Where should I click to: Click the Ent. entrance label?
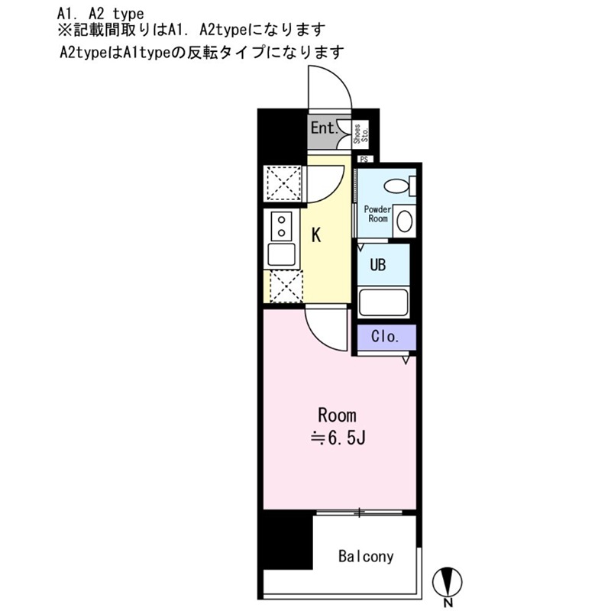click(x=324, y=128)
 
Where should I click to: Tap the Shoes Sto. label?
click(x=360, y=134)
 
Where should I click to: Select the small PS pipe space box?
click(x=365, y=159)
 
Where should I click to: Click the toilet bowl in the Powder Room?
click(x=396, y=186)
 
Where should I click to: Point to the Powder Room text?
click(x=377, y=214)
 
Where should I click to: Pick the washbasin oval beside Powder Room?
click(x=404, y=221)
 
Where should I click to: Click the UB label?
click(x=377, y=265)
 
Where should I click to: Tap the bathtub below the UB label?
click(x=383, y=302)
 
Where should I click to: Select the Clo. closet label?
click(x=385, y=336)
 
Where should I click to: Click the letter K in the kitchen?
click(x=316, y=235)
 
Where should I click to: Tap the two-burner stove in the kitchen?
click(x=281, y=226)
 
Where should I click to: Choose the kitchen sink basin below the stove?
click(x=281, y=254)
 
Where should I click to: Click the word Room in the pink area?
click(x=337, y=415)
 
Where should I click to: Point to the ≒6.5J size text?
click(x=338, y=438)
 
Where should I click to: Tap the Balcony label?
click(x=366, y=557)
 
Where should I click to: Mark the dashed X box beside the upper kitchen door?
click(x=283, y=183)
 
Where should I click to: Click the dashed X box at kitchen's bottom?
click(x=286, y=286)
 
